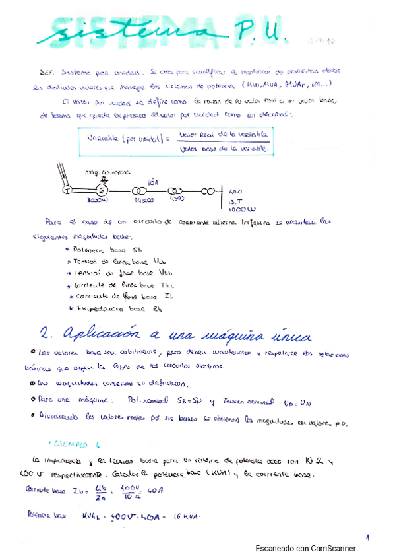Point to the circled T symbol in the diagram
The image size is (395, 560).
point(67,190)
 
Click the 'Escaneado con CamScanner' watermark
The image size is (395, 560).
point(305,548)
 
